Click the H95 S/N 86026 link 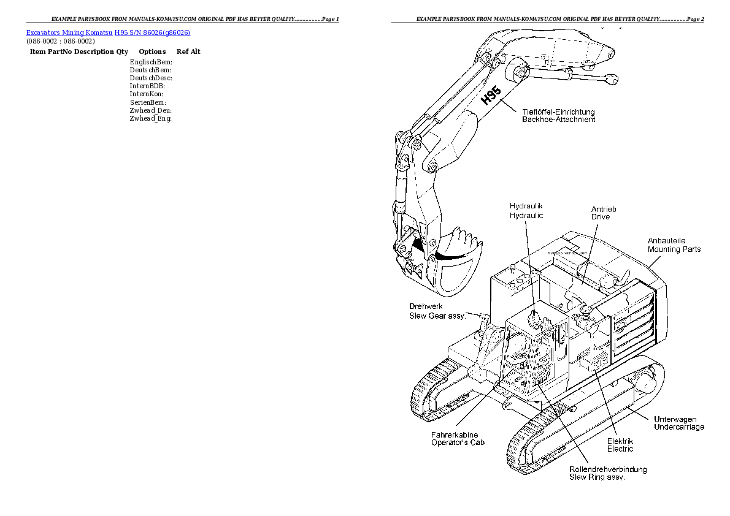click(x=152, y=32)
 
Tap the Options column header click(x=152, y=52)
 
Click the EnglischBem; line click(x=151, y=62)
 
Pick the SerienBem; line click(x=148, y=102)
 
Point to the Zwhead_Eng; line click(x=150, y=118)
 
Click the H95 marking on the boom click(x=490, y=96)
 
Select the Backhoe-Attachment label click(x=558, y=120)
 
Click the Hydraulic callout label click(x=526, y=216)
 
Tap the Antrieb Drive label click(x=604, y=213)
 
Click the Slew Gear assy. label click(x=437, y=316)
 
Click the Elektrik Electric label click(x=620, y=445)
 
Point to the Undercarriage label click(x=679, y=427)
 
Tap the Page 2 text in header click(x=694, y=20)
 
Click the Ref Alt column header click(x=188, y=52)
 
